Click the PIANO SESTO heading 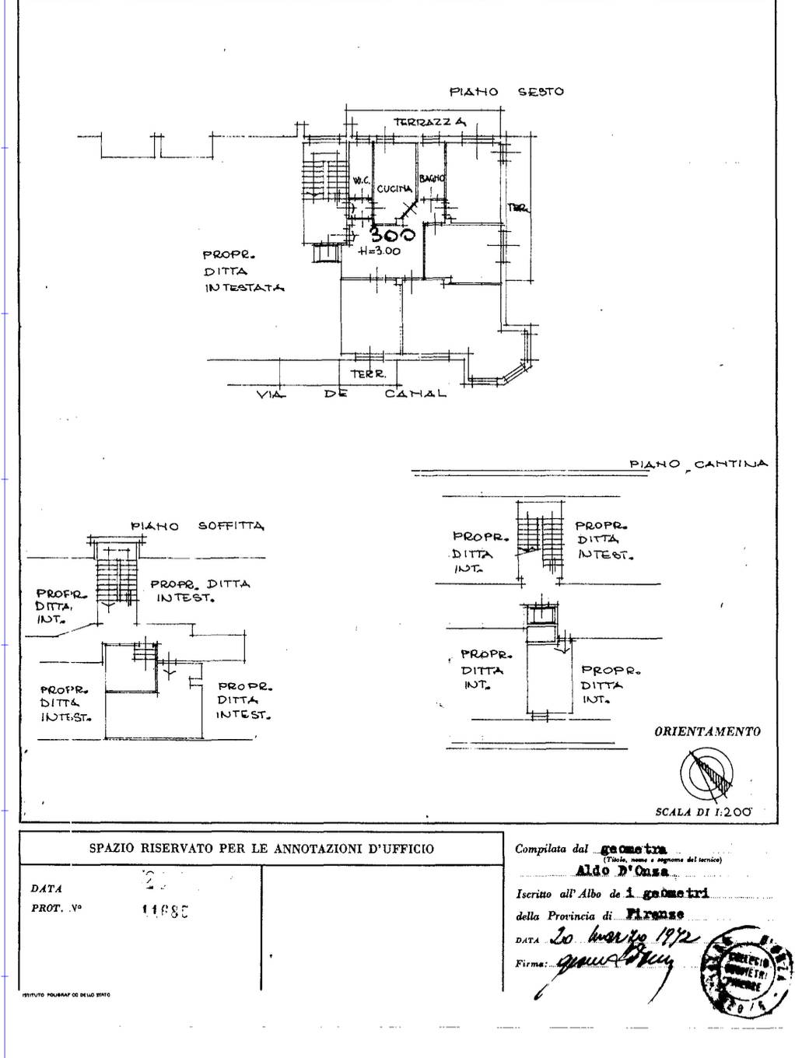tap(506, 92)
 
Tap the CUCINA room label tap(394, 189)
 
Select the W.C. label tap(362, 180)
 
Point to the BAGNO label tap(432, 179)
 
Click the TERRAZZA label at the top tap(429, 122)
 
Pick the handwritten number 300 tap(392, 234)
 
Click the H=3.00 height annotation tap(380, 251)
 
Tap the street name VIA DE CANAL tap(352, 394)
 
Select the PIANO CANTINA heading tap(698, 464)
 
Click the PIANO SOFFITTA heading tap(198, 526)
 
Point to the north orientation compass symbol tap(706, 775)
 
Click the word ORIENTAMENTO tap(707, 731)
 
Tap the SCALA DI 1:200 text tap(704, 811)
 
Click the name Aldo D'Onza tap(622, 871)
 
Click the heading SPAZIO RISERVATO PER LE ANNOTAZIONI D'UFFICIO tap(261, 849)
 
